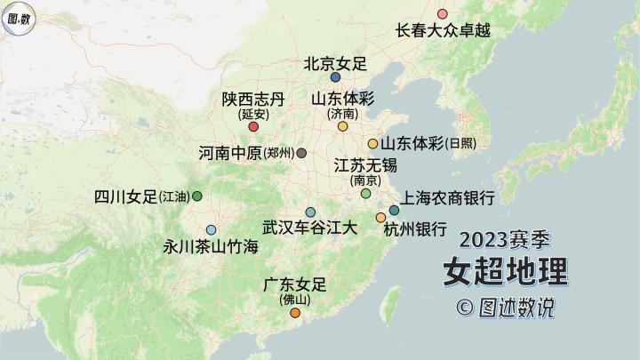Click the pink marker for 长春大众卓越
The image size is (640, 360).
click(443, 14)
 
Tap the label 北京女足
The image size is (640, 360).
click(335, 64)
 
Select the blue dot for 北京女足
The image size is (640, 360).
click(335, 77)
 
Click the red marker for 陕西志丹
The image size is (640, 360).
click(253, 126)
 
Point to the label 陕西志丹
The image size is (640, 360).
click(253, 100)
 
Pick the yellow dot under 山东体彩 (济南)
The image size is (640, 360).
click(342, 126)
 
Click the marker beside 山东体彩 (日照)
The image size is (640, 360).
click(373, 143)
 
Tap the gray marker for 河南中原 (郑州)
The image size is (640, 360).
click(302, 153)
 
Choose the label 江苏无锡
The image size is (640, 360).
click(365, 165)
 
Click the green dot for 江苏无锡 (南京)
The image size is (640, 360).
click(365, 193)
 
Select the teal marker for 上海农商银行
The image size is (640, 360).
click(394, 211)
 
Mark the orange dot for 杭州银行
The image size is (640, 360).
click(380, 218)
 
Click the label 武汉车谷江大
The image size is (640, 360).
click(310, 228)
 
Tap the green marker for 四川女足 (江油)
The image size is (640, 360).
click(197, 196)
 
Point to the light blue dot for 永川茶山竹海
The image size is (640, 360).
click(211, 229)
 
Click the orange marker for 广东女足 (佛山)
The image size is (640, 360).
click(295, 312)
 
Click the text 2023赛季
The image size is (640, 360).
click(506, 239)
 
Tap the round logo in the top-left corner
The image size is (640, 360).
click(19, 18)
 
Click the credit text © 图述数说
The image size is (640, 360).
click(505, 308)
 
